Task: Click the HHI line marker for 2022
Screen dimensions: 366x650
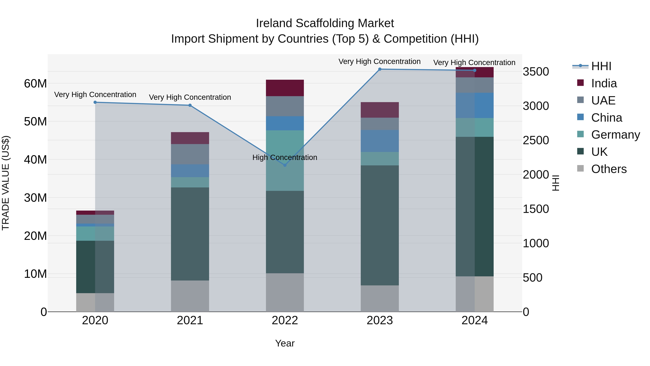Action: click(x=285, y=165)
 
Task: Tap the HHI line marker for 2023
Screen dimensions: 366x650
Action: click(x=380, y=69)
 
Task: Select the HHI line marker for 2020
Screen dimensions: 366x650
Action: click(x=95, y=102)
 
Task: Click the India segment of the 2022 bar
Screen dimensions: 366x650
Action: click(x=285, y=88)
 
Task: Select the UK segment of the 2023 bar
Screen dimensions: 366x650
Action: click(x=380, y=225)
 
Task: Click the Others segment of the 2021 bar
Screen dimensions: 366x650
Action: click(x=190, y=296)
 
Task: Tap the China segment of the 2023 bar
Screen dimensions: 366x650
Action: click(x=380, y=141)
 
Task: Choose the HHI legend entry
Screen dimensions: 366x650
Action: click(x=601, y=66)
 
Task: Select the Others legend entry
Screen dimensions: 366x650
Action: click(x=609, y=169)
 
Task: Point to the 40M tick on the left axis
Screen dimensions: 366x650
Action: click(x=35, y=160)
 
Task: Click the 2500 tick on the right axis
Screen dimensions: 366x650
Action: click(x=536, y=140)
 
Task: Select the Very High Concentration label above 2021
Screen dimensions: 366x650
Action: click(x=190, y=97)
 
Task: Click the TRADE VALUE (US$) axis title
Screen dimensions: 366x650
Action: click(x=6, y=183)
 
